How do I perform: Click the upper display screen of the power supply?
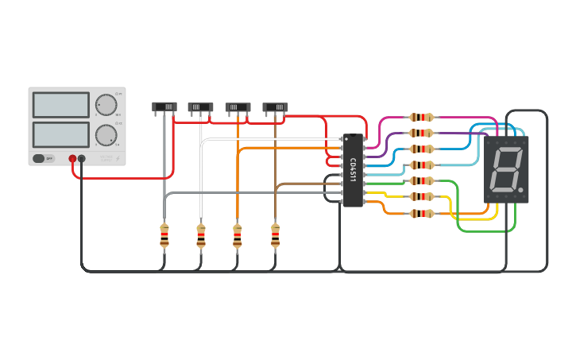[x=61, y=104]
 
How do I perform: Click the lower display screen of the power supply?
[x=61, y=134]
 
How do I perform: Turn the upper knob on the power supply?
[x=106, y=105]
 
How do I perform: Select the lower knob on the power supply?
[x=106, y=135]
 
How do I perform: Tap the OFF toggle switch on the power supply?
[x=44, y=158]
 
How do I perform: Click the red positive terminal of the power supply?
[x=72, y=159]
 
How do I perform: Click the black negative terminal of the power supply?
[x=82, y=159]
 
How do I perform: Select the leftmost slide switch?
[x=164, y=106]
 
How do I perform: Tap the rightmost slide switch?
[x=275, y=106]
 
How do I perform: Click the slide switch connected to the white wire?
[x=200, y=106]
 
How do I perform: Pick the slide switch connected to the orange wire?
[x=238, y=106]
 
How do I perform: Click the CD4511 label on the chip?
[x=353, y=170]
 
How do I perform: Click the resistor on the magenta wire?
[x=421, y=118]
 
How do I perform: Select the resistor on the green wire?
[x=421, y=181]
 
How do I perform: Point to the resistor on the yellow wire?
[x=421, y=196]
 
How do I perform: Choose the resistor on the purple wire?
[x=421, y=134]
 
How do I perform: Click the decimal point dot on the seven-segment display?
[x=520, y=190]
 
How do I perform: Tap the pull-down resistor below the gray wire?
[x=164, y=236]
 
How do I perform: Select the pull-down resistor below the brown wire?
[x=275, y=236]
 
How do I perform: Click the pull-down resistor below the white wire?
[x=200, y=236]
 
